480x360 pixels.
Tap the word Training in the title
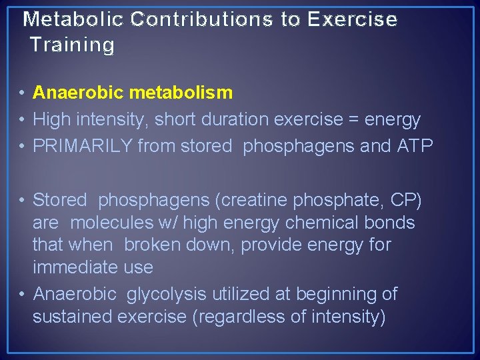pos(72,45)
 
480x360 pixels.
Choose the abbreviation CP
pos(403,199)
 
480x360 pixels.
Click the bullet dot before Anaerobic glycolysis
pos(23,294)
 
